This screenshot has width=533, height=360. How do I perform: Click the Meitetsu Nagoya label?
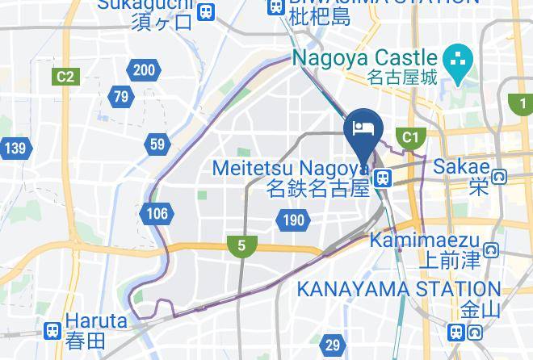[x=291, y=169]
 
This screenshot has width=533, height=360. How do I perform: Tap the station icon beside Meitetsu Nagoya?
[x=383, y=177]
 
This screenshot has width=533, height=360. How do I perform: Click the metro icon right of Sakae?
[x=500, y=177]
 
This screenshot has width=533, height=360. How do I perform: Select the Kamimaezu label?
[x=425, y=241]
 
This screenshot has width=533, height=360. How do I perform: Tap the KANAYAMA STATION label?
[x=400, y=288]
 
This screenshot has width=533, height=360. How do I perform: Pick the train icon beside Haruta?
[x=53, y=330]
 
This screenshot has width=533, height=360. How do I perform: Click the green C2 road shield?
[x=65, y=77]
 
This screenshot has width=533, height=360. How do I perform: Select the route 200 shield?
[x=144, y=70]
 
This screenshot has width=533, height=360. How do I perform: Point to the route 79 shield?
[x=121, y=98]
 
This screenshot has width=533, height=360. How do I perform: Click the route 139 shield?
[x=15, y=148]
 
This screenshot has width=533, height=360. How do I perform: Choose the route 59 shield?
[x=157, y=145]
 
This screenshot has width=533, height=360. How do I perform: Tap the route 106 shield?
[x=157, y=213]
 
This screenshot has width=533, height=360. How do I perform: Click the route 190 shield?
[x=292, y=219]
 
